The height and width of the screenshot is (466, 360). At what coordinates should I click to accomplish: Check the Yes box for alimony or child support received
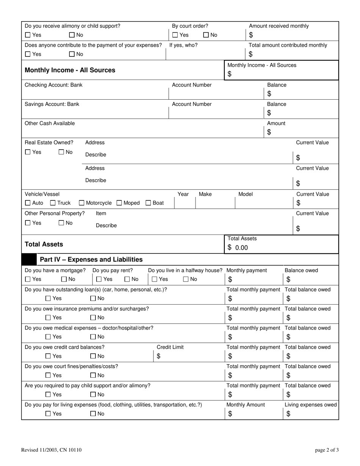tap(28, 35)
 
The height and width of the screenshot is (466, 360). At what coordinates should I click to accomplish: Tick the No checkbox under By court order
tap(206, 35)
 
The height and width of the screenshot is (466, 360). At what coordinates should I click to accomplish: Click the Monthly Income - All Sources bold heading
tap(70, 70)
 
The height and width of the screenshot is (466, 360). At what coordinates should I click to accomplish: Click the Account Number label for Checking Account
tap(192, 85)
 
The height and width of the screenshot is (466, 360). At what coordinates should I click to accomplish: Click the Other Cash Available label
tap(50, 124)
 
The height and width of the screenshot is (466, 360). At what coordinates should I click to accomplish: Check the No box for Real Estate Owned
tap(61, 152)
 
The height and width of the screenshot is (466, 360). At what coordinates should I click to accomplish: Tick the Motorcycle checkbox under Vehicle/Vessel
tap(81, 203)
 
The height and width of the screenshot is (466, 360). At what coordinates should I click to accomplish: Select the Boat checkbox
tap(149, 203)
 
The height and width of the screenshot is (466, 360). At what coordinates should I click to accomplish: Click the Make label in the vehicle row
tap(205, 194)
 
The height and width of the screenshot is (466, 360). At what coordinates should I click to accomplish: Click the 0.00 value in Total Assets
tap(241, 248)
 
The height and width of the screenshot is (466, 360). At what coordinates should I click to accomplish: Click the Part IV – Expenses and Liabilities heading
tap(91, 260)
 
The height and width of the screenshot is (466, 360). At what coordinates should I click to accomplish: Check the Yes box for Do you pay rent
tap(99, 280)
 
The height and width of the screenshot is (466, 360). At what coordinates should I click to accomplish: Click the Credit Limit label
tap(170, 347)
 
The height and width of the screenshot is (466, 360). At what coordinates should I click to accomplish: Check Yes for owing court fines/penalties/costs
tap(48, 375)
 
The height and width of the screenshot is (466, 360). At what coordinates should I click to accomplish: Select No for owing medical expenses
tap(93, 337)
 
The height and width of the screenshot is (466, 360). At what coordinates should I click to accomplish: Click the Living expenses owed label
tap(310, 405)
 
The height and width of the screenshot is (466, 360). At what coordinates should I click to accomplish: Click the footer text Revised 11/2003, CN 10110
tap(51, 450)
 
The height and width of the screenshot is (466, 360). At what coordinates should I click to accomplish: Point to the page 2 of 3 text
tap(327, 450)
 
